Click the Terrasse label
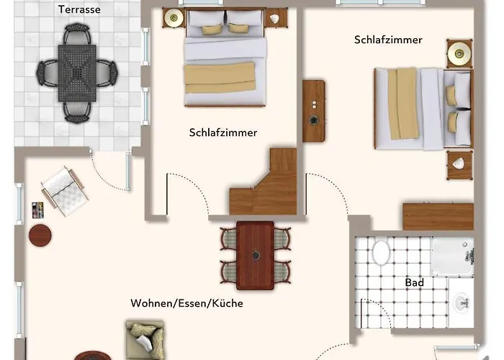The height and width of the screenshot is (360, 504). (79, 9)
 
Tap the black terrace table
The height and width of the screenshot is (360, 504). (77, 73)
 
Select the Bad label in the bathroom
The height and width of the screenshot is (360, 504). (414, 282)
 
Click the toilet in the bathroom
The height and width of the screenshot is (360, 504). (381, 252)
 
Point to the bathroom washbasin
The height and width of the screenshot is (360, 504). (462, 302)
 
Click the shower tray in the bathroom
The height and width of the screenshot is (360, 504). (453, 256)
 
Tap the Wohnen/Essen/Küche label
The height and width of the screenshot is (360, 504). (186, 303)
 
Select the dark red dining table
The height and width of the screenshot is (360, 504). (255, 256)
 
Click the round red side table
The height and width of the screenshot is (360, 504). (40, 235)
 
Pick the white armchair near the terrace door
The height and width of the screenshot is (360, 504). (65, 191)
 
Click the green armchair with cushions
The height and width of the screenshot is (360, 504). (145, 340)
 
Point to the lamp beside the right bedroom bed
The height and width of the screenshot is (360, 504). (459, 53)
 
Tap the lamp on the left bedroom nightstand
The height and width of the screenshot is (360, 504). (174, 18)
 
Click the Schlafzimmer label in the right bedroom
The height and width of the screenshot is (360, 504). (388, 40)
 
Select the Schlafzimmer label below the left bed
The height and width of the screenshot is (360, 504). (223, 132)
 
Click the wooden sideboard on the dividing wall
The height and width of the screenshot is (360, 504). (314, 111)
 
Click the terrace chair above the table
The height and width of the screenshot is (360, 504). (77, 33)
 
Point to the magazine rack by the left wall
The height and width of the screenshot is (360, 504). (37, 210)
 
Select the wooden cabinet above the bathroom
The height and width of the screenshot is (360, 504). (438, 216)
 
